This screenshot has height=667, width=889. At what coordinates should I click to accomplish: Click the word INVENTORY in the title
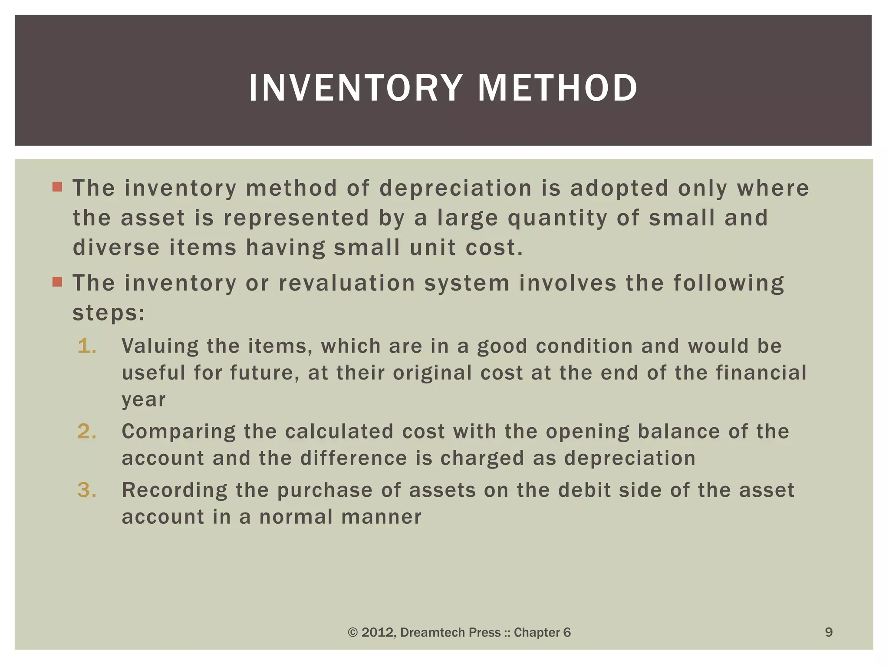click(355, 88)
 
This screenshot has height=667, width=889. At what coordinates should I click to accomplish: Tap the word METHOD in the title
click(557, 88)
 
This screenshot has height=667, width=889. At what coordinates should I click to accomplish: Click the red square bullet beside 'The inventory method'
click(57, 187)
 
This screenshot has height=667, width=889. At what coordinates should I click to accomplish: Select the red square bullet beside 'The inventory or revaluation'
click(57, 282)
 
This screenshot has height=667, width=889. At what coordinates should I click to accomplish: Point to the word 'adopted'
click(619, 188)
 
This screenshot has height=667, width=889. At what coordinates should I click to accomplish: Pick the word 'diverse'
click(116, 248)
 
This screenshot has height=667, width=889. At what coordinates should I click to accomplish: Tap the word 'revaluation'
click(347, 283)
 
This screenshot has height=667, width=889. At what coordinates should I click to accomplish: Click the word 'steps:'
click(109, 313)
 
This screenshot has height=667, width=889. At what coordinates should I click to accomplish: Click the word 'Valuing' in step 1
click(159, 347)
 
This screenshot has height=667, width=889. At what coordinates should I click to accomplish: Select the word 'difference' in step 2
click(354, 459)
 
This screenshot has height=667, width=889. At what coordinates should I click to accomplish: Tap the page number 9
click(829, 632)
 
